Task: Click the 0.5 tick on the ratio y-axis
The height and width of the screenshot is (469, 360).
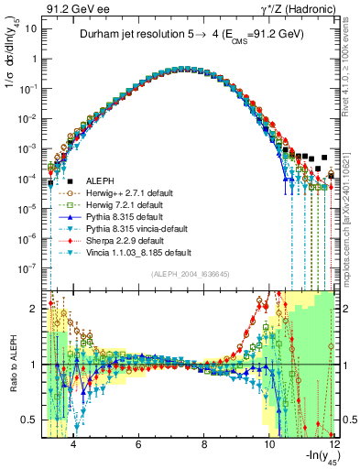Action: click(30, 420)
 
